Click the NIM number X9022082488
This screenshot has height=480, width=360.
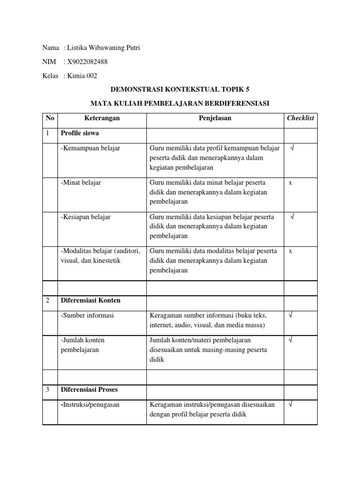[x=90, y=62]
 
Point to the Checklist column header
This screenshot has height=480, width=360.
[x=300, y=119]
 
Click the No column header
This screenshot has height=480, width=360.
[x=50, y=119]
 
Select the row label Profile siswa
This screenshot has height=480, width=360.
[x=80, y=134]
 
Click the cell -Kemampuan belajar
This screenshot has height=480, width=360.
[x=90, y=149]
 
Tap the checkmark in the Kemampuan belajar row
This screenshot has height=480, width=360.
[x=292, y=149]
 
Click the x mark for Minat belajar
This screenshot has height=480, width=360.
[x=291, y=183]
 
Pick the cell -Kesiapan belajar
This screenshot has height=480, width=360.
[x=86, y=217]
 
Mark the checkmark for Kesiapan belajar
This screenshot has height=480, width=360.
[x=292, y=217]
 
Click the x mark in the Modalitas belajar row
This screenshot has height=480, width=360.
[x=291, y=251]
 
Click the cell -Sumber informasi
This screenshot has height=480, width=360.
[x=87, y=315]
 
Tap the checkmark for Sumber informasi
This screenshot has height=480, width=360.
[x=291, y=315]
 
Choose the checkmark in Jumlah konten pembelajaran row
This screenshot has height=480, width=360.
[x=291, y=340]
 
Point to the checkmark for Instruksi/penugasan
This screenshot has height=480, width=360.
[x=291, y=405]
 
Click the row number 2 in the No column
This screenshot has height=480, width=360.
[x=48, y=300]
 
